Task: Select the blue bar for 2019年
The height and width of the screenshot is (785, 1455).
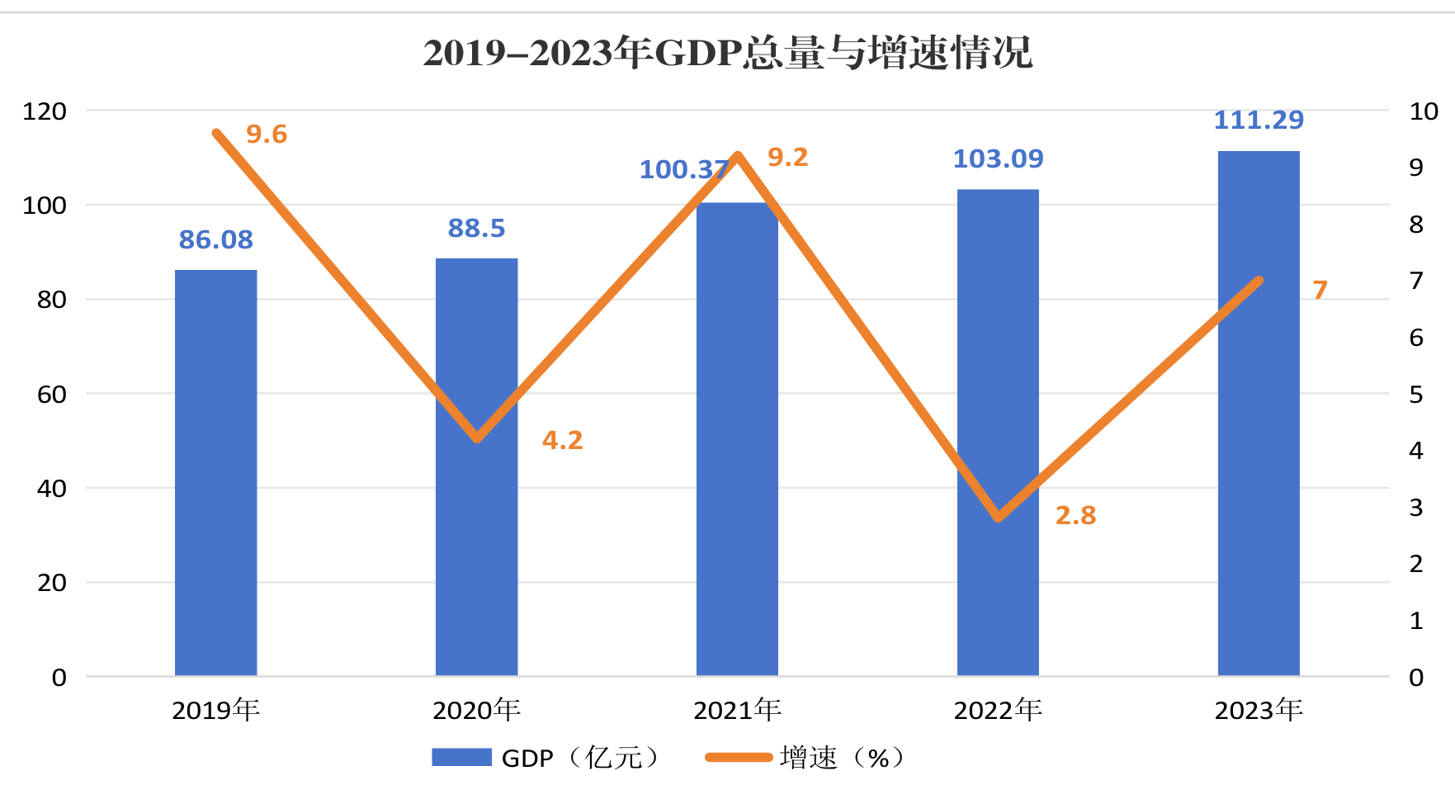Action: click(x=215, y=473)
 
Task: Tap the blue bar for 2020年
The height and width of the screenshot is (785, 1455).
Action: click(x=476, y=467)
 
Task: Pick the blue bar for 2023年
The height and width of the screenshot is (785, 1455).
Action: click(x=1259, y=414)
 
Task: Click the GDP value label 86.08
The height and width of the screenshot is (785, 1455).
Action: click(x=215, y=239)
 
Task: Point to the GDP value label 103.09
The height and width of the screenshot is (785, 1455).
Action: click(x=998, y=158)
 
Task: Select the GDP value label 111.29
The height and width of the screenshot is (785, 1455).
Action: click(x=1259, y=121)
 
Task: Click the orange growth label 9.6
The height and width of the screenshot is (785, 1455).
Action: click(x=267, y=134)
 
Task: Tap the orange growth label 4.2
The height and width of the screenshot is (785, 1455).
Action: click(x=562, y=440)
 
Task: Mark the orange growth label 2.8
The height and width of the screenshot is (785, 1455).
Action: click(x=1075, y=515)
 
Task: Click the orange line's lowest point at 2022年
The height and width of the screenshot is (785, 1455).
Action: click(x=999, y=518)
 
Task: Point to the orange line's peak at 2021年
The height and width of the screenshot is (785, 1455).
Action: click(x=738, y=156)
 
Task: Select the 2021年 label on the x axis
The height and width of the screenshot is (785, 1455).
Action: click(x=737, y=710)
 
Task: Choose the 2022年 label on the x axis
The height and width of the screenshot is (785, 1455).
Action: click(x=998, y=710)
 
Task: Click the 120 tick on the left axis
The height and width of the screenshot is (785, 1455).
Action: click(x=45, y=111)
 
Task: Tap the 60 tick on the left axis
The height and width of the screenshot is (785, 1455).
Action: click(x=52, y=395)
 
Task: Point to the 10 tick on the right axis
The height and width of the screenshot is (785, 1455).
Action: click(x=1424, y=111)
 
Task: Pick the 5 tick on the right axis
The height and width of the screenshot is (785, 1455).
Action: click(x=1416, y=395)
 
